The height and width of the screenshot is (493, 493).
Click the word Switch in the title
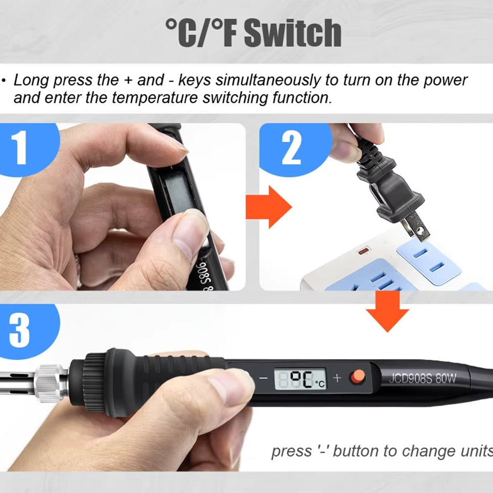[x=293, y=33]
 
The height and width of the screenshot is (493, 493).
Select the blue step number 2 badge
[x=294, y=148]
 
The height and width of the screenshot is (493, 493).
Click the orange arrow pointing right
[x=269, y=207]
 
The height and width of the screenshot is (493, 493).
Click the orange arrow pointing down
[x=387, y=311]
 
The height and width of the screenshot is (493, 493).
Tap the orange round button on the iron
[x=357, y=377]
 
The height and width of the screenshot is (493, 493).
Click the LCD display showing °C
[x=300, y=379]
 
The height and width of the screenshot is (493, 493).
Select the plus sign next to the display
[x=337, y=378]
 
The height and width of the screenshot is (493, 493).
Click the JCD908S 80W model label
[x=422, y=378]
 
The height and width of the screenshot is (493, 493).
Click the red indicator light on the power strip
[x=363, y=251]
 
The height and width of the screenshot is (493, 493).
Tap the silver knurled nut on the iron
[x=50, y=383]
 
